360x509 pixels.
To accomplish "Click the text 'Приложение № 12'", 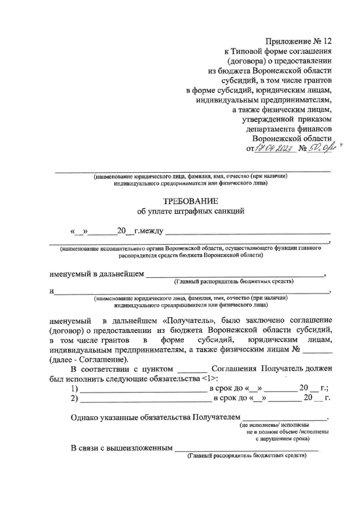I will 299,40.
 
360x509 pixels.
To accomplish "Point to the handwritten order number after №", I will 321,148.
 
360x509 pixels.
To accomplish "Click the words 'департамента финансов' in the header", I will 292,128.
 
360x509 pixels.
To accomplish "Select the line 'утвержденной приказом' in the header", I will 287,119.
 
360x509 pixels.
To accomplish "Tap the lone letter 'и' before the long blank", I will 51,291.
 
